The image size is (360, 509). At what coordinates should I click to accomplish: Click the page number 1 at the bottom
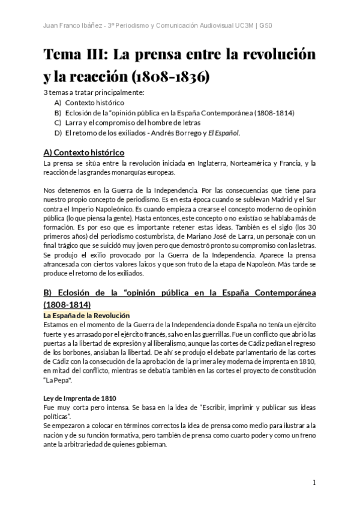314,483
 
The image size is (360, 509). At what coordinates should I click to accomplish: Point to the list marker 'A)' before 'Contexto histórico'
58,103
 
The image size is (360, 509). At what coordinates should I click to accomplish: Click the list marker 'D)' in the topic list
58,133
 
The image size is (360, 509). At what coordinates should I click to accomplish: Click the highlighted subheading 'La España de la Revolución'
86,315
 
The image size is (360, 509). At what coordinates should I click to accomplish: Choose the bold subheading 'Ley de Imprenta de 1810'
80,398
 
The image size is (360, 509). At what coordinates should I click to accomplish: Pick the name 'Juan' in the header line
52,26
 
